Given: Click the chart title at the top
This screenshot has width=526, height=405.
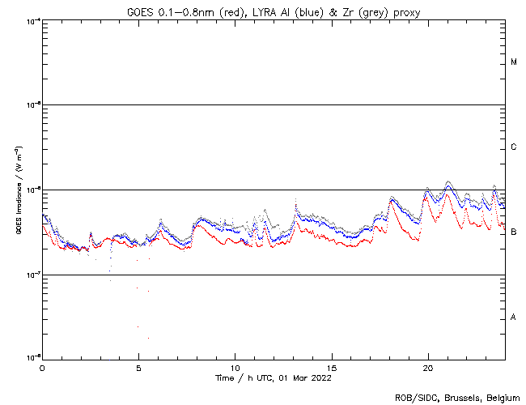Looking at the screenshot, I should point(273,11).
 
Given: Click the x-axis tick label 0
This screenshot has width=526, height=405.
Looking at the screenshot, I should point(42,367).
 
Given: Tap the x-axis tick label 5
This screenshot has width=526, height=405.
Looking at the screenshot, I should point(138,367).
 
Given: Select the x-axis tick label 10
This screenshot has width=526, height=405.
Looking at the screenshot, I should point(235,367).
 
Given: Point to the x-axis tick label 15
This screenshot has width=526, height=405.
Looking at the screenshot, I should point(332,367).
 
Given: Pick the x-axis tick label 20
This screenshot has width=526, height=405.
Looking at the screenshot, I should point(428,367).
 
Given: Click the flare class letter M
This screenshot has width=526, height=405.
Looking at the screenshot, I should point(514,62).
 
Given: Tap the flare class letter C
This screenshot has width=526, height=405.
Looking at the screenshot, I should point(514,147).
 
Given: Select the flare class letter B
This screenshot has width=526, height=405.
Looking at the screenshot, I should point(514,232).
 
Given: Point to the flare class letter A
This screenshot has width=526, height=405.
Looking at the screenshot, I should point(514,318).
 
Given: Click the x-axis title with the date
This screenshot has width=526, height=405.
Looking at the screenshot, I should point(273,377).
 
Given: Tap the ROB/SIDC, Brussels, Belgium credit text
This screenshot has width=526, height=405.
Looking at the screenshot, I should point(457,397).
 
